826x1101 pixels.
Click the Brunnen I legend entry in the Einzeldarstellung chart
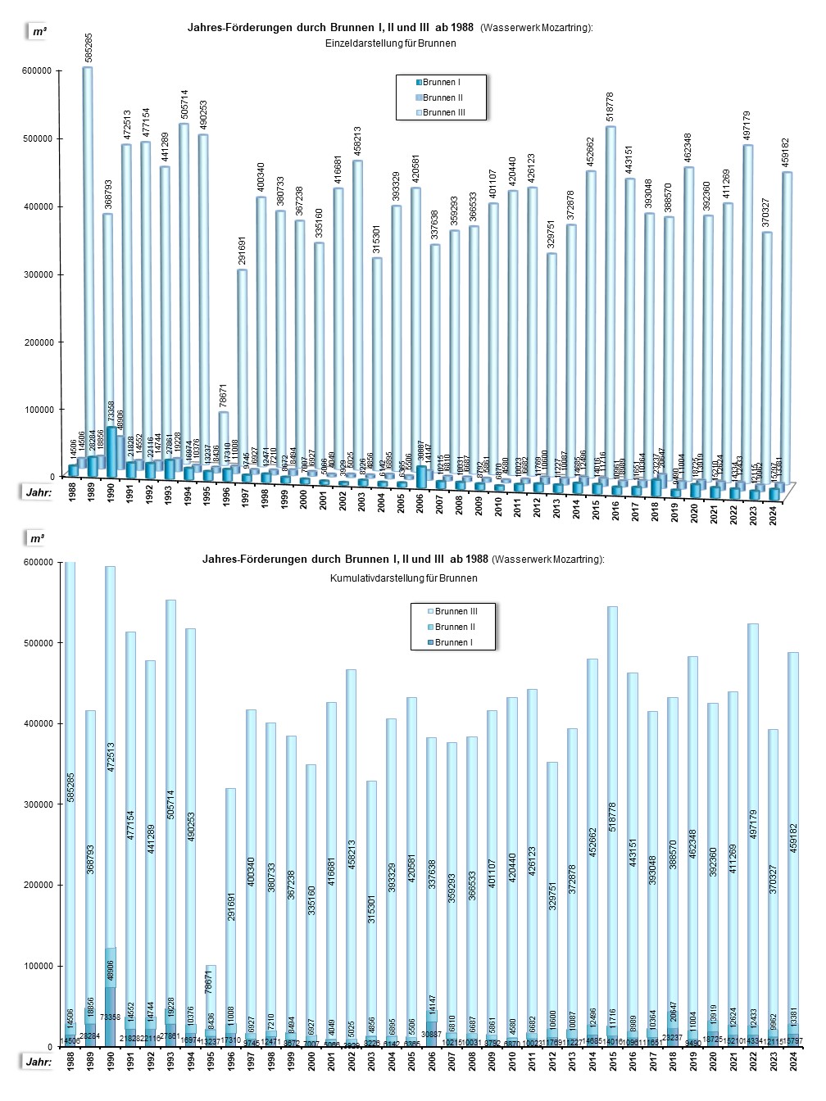pyautogui.click(x=441, y=83)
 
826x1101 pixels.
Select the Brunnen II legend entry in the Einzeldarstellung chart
pyautogui.click(x=442, y=97)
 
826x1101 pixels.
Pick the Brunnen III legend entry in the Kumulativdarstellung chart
pyautogui.click(x=456, y=612)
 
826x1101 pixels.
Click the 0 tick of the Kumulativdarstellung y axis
pyautogui.click(x=50, y=1047)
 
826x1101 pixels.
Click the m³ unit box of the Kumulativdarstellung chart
pyautogui.click(x=38, y=539)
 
